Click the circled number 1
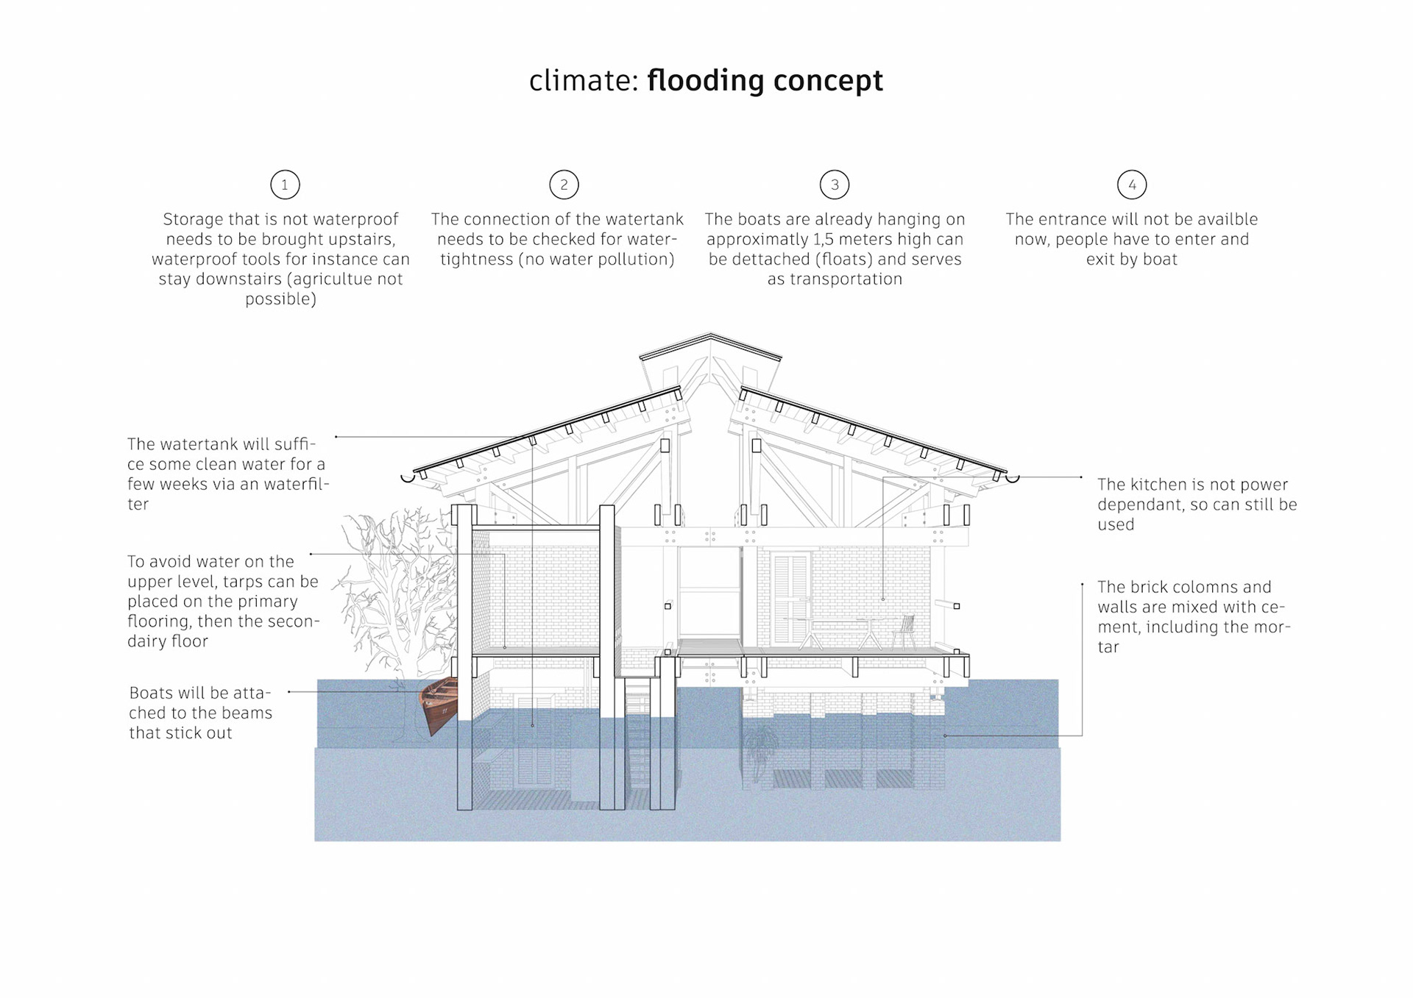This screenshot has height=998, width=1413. (285, 185)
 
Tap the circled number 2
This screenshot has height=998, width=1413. (564, 185)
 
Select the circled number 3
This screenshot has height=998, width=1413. (834, 185)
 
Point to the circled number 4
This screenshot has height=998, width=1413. (1131, 185)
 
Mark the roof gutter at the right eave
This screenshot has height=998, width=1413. (1013, 479)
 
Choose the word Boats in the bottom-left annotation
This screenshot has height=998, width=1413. (152, 693)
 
